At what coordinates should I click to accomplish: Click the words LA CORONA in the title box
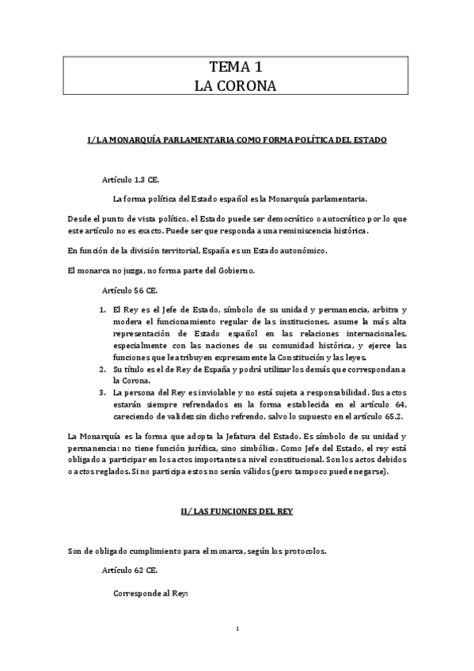tap(236, 85)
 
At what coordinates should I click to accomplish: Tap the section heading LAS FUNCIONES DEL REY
tap(237, 511)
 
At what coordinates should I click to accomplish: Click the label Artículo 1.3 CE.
tap(131, 180)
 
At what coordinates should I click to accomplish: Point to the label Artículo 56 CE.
tap(130, 290)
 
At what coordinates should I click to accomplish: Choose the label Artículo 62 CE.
tap(130, 570)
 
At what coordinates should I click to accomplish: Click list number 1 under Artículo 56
tap(103, 309)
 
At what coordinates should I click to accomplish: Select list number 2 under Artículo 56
tap(103, 369)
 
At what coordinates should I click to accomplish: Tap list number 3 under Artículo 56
tap(103, 392)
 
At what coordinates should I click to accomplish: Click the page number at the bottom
tap(237, 628)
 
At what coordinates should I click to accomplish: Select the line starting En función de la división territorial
tap(197, 250)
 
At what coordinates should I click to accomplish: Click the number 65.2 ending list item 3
tap(395, 415)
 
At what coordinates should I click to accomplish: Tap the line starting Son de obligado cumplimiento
tap(196, 551)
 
